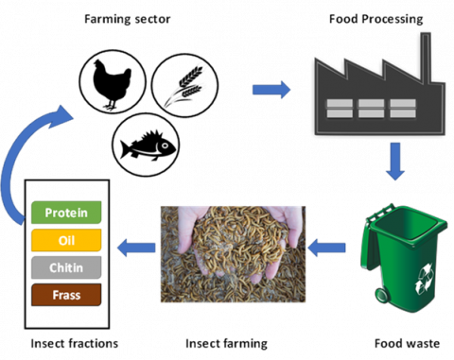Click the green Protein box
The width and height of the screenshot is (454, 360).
pos(66,214)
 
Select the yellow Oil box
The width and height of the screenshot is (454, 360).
pos(66,240)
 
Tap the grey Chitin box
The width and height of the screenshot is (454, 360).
pos(66,267)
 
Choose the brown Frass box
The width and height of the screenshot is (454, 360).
pos(66,295)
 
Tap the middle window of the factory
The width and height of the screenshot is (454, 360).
pos(371,108)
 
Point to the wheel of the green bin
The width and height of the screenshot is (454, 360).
pos(382,296)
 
